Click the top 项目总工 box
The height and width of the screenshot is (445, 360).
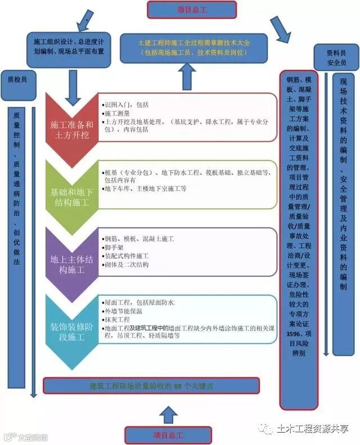(x=191, y=9)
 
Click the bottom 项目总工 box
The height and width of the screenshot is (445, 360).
(x=169, y=435)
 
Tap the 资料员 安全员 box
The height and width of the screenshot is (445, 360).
(x=336, y=57)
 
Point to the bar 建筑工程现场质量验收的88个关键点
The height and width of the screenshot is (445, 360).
(x=152, y=385)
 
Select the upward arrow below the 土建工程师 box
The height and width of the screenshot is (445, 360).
(x=187, y=76)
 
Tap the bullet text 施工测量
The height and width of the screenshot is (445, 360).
(x=118, y=113)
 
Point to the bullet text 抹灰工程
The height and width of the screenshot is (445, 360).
(x=118, y=319)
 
